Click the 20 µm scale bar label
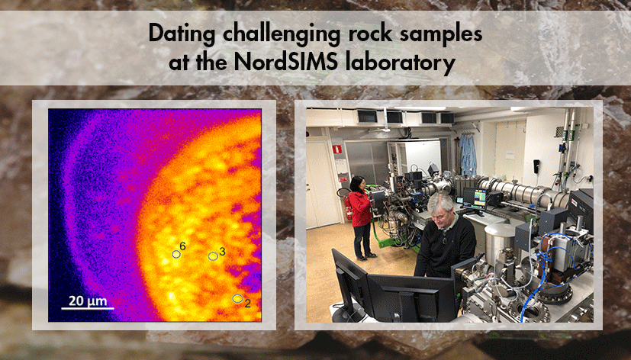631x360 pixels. [88, 301]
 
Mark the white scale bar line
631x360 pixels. [88, 308]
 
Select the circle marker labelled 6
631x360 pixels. [176, 254]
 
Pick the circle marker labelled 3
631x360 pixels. [213, 257]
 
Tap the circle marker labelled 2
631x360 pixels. [237, 298]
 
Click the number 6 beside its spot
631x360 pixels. [183, 246]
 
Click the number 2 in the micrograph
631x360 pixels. [247, 304]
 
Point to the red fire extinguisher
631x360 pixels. [348, 209]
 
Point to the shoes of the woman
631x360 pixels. [362, 255]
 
